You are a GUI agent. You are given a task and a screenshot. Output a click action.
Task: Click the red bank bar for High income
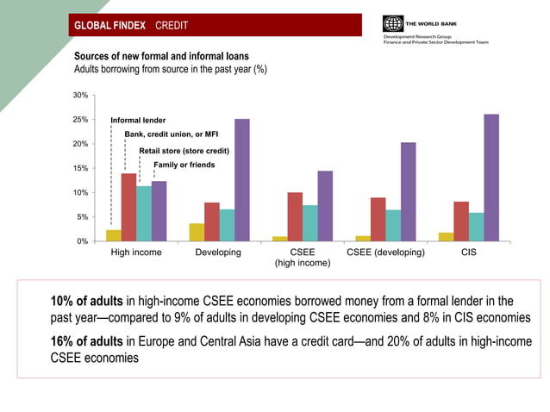(x=128, y=207)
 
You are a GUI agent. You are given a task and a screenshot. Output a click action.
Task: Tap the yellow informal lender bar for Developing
(x=197, y=232)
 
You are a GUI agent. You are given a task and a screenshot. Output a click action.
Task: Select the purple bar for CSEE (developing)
(x=408, y=191)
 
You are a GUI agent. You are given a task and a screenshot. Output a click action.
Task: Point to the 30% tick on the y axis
(x=80, y=95)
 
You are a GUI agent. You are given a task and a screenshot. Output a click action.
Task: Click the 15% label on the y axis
(x=80, y=168)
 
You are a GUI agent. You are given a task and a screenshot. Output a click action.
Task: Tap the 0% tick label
(x=82, y=241)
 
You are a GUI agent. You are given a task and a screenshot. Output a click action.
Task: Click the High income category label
(x=136, y=253)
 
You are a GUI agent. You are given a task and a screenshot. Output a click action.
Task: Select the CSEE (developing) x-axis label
(x=385, y=253)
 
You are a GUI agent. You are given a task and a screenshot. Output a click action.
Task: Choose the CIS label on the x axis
(x=468, y=253)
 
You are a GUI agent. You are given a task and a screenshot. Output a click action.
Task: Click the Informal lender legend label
(x=138, y=120)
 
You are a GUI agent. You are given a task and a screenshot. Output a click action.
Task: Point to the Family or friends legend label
(x=184, y=165)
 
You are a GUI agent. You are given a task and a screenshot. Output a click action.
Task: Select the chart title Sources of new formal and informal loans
(x=160, y=55)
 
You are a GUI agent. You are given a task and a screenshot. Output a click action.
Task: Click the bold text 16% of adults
(x=87, y=340)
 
